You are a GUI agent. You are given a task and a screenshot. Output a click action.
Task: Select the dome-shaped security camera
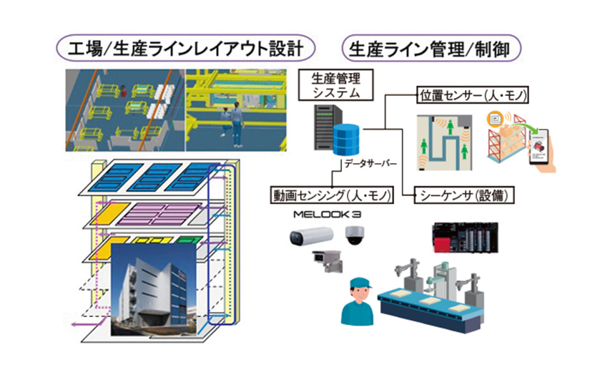[355, 235]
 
